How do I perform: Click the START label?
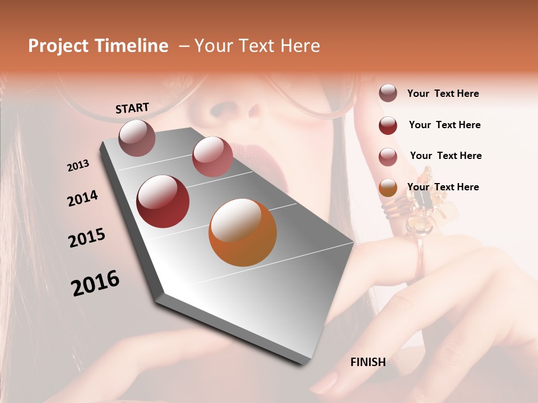pyautogui.click(x=132, y=108)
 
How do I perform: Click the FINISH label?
pyautogui.click(x=368, y=362)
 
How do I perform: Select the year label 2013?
pyautogui.click(x=78, y=166)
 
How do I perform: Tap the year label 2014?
pyautogui.click(x=82, y=199)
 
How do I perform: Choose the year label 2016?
pyautogui.click(x=95, y=283)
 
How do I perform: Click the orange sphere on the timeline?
pyautogui.click(x=243, y=232)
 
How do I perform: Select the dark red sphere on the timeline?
pyautogui.click(x=163, y=201)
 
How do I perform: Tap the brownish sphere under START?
pyautogui.click(x=137, y=138)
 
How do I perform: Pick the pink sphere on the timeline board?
pyautogui.click(x=212, y=157)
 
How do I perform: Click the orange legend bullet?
pyautogui.click(x=388, y=188)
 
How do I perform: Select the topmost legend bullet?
pyautogui.click(x=388, y=93)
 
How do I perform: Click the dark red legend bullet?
pyautogui.click(x=388, y=125)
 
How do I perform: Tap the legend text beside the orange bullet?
pyautogui.click(x=443, y=187)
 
